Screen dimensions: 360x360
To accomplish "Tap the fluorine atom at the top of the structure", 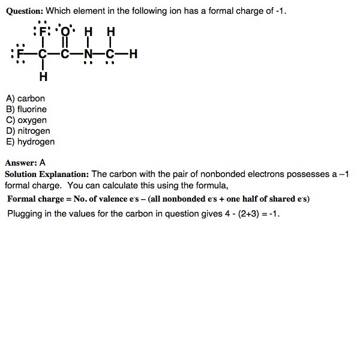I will (43, 31).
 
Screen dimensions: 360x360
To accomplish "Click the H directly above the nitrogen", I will (88, 32).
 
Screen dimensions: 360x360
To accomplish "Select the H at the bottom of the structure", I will (43, 77).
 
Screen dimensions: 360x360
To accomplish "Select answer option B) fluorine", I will (26, 109).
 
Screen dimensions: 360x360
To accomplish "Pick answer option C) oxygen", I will (26, 120).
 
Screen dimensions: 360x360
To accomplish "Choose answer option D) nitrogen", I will (28, 131).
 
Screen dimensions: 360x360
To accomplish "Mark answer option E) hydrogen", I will (30, 142).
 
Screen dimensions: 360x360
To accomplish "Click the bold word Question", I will (24, 11).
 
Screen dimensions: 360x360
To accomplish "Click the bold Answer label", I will (20, 162).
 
